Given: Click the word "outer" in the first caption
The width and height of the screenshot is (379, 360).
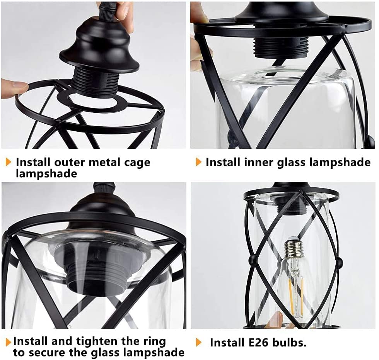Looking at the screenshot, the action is pyautogui.click(x=69, y=162).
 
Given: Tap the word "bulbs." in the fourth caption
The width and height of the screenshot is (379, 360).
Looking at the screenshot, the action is pyautogui.click(x=289, y=342).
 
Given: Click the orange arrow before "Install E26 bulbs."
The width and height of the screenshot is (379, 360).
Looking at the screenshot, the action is pyautogui.click(x=199, y=342).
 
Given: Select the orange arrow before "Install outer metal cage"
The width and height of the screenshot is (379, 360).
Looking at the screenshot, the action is pyautogui.click(x=9, y=162).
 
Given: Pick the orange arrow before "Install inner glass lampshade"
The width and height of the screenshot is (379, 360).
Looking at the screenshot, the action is pyautogui.click(x=199, y=162).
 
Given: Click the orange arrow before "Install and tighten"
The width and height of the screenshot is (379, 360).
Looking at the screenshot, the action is pyautogui.click(x=9, y=342).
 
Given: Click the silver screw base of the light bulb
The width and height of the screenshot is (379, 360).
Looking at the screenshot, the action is pyautogui.click(x=294, y=248).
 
